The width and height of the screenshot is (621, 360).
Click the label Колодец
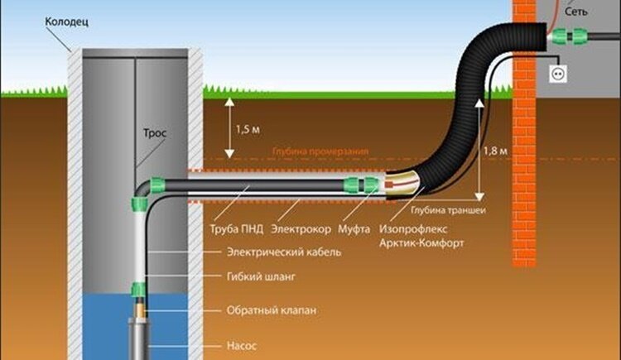click(x=66, y=22)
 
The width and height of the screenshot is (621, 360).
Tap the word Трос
click(x=155, y=133)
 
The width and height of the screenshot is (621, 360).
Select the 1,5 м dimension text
click(x=248, y=129)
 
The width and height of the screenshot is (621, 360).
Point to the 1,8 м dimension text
click(x=495, y=151)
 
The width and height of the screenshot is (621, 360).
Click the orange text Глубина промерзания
click(x=320, y=151)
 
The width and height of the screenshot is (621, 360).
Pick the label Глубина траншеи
click(x=448, y=210)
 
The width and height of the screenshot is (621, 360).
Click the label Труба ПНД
click(x=237, y=229)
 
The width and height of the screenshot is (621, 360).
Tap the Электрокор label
click(x=301, y=229)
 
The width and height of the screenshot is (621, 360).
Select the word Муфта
click(x=354, y=229)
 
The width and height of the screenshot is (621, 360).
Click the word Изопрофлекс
click(x=413, y=229)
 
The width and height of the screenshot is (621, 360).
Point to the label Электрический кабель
click(x=283, y=252)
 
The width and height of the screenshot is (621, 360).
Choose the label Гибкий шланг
click(x=261, y=276)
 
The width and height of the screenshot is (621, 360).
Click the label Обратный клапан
click(x=272, y=310)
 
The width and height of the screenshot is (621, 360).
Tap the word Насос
click(x=242, y=346)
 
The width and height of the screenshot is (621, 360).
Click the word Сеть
click(x=575, y=12)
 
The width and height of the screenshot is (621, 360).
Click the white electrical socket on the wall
click(x=558, y=74)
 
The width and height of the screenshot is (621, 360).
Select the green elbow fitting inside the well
click(x=146, y=192)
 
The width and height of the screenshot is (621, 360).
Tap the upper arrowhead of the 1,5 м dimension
click(x=229, y=102)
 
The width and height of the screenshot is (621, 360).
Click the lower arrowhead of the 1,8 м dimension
click(x=479, y=196)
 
